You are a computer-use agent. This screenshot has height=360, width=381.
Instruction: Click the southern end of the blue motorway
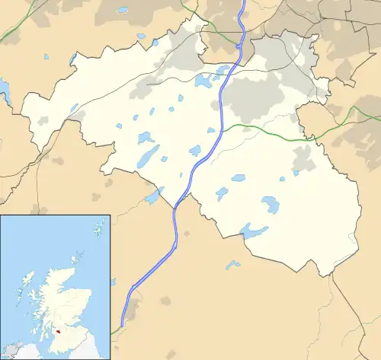tap(123, 325)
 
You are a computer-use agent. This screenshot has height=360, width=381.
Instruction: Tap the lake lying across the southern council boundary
tap(255, 231)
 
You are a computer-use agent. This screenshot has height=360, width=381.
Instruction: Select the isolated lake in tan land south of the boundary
tap(232, 265)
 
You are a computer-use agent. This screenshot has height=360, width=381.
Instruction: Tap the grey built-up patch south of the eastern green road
tap(303, 158)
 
